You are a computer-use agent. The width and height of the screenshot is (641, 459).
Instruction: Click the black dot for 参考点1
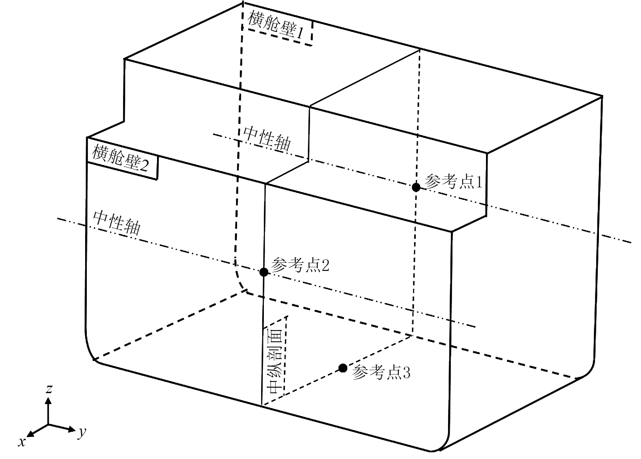[x=416, y=187]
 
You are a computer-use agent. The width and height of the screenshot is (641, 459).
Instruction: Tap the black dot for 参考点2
[x=264, y=272]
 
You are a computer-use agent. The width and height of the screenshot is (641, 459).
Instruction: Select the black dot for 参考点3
[x=343, y=368]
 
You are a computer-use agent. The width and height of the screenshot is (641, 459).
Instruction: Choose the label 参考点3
[x=381, y=372]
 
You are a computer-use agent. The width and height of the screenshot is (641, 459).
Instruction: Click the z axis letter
[x=50, y=389]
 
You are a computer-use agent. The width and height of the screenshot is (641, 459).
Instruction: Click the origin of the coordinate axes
[x=48, y=424]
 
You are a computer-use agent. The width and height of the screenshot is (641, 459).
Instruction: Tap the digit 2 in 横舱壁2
[x=144, y=165]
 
